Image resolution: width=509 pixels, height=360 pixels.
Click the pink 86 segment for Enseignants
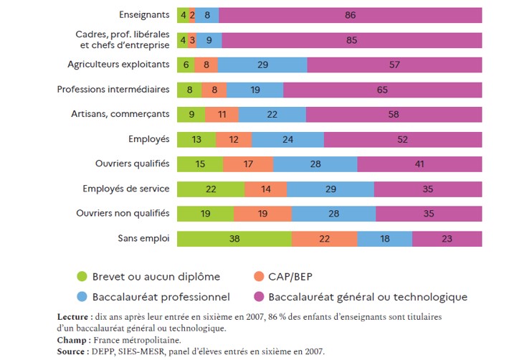pyautogui.click(x=350, y=15)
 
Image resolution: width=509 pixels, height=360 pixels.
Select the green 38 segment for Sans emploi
pyautogui.click(x=234, y=238)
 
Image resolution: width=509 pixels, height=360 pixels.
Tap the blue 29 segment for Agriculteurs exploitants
pyautogui.click(x=262, y=65)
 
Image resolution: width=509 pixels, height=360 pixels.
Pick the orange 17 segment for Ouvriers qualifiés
pyautogui.click(x=248, y=164)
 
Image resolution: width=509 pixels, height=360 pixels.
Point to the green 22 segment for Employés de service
pyautogui.click(x=210, y=189)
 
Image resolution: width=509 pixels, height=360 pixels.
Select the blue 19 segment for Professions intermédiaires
pyautogui.click(x=255, y=90)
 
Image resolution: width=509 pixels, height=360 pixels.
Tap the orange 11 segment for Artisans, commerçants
pyautogui.click(x=222, y=114)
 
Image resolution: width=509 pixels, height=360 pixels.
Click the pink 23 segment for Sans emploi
pyautogui.click(x=447, y=238)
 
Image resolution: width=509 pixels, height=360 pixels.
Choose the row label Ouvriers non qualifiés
pyautogui.click(x=123, y=213)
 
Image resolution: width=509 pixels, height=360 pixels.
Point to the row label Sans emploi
pyautogui.click(x=143, y=238)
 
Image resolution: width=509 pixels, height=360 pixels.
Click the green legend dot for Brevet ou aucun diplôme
pyautogui.click(x=82, y=277)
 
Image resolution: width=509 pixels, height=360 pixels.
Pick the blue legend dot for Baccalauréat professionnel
pyautogui.click(x=82, y=297)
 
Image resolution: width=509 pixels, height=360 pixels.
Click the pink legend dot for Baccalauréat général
pyautogui.click(x=257, y=297)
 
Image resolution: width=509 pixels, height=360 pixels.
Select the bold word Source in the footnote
pyautogui.click(x=74, y=351)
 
